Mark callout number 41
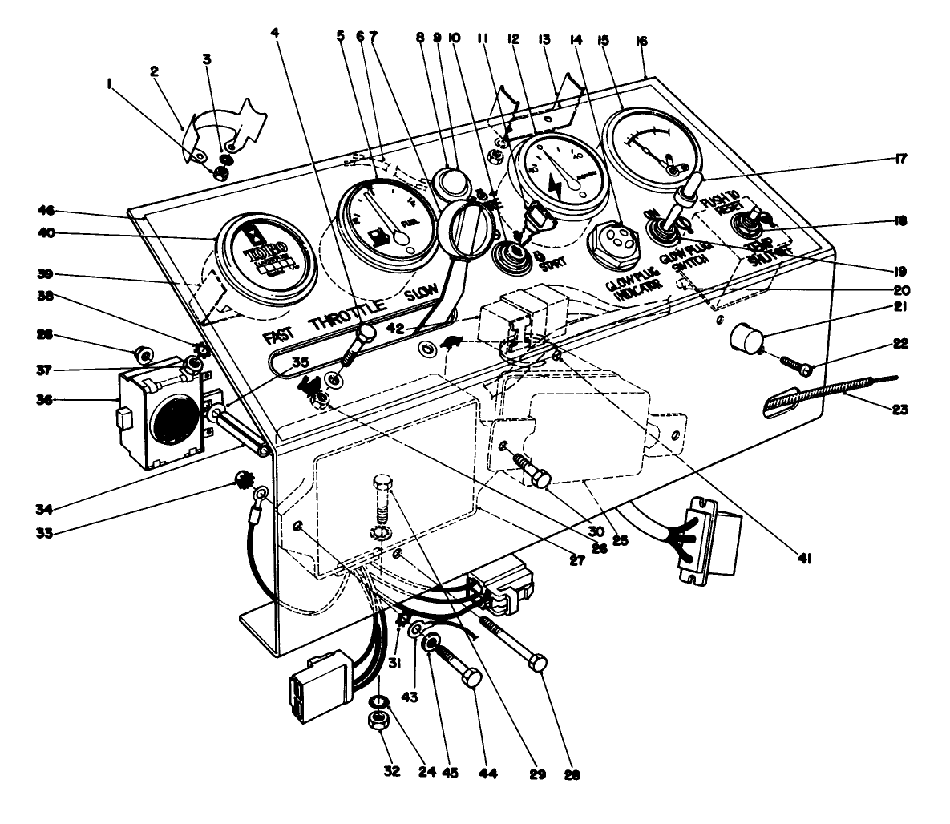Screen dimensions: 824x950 tap(804, 561)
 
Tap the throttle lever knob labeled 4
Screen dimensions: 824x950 tap(367, 331)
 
